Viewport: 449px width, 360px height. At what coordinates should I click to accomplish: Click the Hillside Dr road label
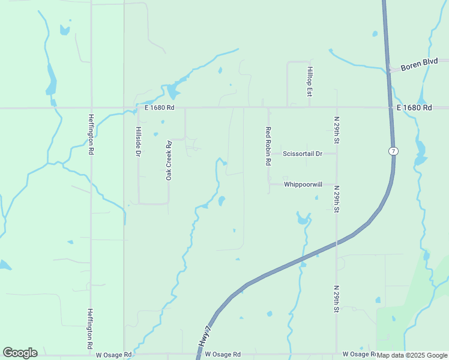138,142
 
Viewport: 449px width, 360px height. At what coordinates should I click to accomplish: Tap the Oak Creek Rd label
169,161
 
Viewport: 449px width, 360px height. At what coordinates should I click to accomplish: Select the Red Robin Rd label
268,146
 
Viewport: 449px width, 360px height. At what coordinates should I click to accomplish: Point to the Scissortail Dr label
303,154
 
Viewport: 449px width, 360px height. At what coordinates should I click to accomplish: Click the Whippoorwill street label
304,185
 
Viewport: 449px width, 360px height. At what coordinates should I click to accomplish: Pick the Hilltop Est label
310,82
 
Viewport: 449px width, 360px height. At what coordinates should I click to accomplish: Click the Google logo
20,353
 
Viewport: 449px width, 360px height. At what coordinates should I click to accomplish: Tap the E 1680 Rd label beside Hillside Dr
159,108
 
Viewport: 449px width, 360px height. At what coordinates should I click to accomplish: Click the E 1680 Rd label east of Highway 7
415,107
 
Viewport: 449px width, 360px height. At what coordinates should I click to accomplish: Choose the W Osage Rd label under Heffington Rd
114,355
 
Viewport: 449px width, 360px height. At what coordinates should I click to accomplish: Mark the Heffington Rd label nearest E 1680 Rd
91,135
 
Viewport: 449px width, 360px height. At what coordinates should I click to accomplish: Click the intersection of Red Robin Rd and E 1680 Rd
268,108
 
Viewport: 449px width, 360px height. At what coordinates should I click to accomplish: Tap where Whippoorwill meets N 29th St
336,185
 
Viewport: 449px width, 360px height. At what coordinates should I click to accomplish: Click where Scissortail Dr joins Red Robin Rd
268,154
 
